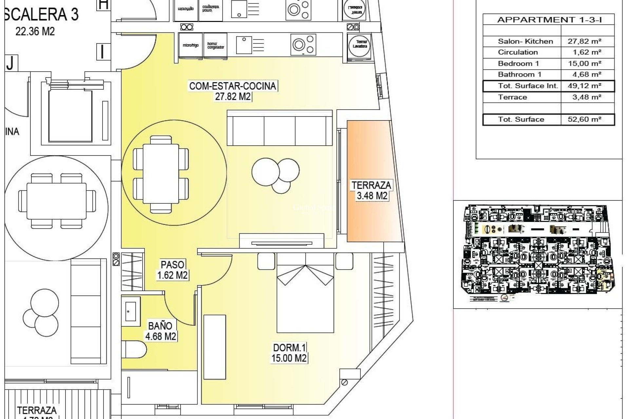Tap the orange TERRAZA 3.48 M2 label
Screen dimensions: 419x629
pyautogui.click(x=371, y=191)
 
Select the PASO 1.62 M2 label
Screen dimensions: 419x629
pyautogui.click(x=173, y=270)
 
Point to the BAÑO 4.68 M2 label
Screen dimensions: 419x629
pyautogui.click(x=161, y=331)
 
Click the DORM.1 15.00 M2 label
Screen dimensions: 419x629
pyautogui.click(x=289, y=353)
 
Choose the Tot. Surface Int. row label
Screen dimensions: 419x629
pyautogui.click(x=527, y=86)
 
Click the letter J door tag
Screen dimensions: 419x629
pyautogui.click(x=10, y=63)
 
